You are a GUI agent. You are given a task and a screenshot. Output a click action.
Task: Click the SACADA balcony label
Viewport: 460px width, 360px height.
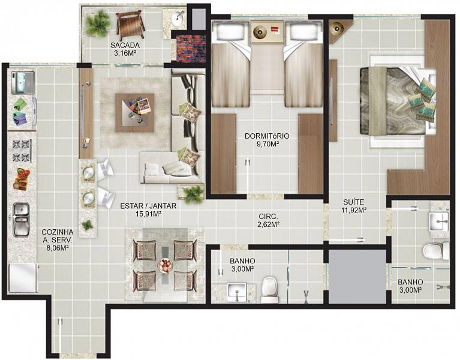click(x=125, y=45)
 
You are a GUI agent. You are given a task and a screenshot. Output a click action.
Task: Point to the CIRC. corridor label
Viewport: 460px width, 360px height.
click(x=268, y=217)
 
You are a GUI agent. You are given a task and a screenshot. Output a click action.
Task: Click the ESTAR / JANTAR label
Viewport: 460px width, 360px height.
click(x=149, y=206)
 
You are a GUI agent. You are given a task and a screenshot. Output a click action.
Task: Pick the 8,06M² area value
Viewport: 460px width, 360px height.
click(x=58, y=248)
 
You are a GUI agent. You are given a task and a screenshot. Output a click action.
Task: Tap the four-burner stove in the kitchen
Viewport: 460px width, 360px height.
click(x=22, y=151)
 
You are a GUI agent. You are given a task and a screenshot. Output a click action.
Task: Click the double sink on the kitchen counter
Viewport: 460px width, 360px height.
click(x=21, y=220)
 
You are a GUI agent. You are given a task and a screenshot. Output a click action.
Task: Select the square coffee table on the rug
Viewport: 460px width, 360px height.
click(x=135, y=113)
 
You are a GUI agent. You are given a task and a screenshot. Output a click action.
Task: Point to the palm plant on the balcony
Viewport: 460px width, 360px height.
click(x=98, y=23)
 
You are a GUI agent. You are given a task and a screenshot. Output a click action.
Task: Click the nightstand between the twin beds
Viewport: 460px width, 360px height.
click(x=267, y=32)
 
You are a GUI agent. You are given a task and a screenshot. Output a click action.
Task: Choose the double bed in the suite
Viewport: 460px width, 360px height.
click(x=398, y=101)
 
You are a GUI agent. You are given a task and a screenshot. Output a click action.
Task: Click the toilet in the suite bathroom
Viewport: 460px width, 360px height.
click(x=436, y=251)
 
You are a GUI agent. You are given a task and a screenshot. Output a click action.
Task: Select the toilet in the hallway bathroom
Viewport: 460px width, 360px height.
click(x=270, y=290)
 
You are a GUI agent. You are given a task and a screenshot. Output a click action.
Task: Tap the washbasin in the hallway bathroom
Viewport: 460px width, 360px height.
click(x=237, y=292)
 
